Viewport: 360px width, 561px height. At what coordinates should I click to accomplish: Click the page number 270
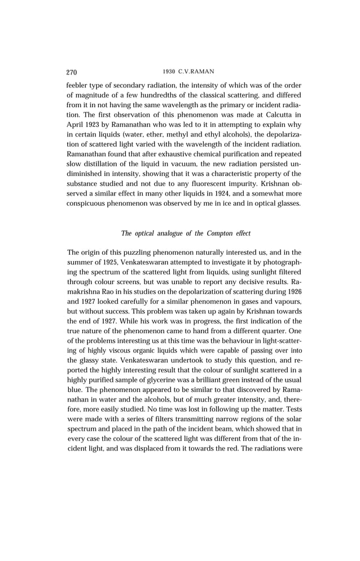[72, 72]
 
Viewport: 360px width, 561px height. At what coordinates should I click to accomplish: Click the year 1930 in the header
[169, 72]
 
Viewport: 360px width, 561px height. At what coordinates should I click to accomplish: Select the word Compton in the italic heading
[215, 233]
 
